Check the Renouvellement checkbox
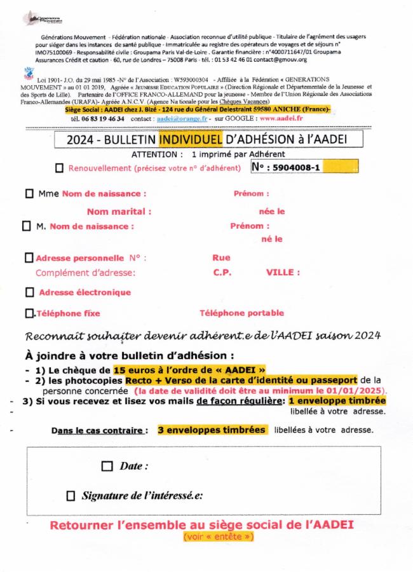pyautogui.click(x=60, y=168)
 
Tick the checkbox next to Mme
pyautogui.click(x=29, y=194)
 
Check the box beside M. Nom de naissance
pyautogui.click(x=26, y=226)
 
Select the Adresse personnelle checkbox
pyautogui.click(x=29, y=258)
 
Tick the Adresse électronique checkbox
pyautogui.click(x=29, y=292)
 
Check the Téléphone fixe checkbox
pyautogui.click(x=29, y=313)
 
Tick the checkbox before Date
pyautogui.click(x=107, y=466)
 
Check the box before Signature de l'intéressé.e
pyautogui.click(x=71, y=496)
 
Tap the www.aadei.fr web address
pyautogui.click(x=281, y=118)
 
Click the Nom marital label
pyautogui.click(x=119, y=212)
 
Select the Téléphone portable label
pyautogui.click(x=241, y=313)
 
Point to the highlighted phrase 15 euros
pyautogui.click(x=130, y=370)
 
